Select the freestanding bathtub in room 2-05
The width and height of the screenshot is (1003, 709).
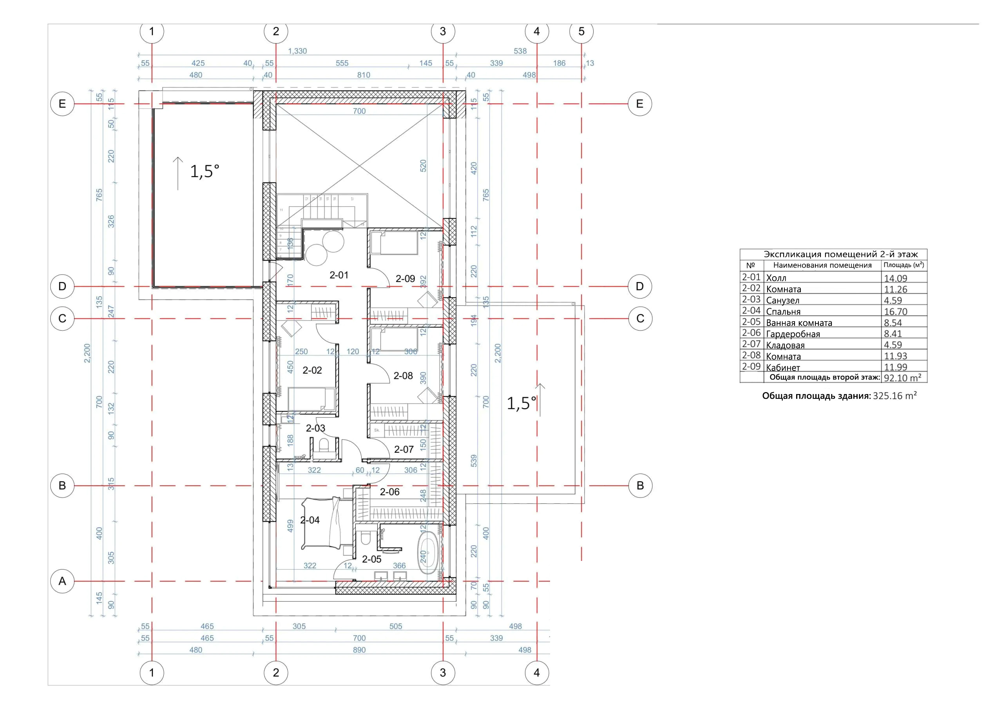pyautogui.click(x=429, y=554)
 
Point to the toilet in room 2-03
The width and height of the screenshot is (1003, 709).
pyautogui.click(x=324, y=447)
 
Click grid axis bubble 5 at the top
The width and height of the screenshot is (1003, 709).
pyautogui.click(x=581, y=31)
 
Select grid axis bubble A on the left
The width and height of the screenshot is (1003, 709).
pyautogui.click(x=62, y=581)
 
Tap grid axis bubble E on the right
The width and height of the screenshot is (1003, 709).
pyautogui.click(x=639, y=104)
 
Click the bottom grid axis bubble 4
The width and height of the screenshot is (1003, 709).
pyautogui.click(x=536, y=673)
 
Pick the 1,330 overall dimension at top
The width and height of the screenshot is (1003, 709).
pyautogui.click(x=297, y=51)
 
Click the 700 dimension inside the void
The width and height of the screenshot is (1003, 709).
pyautogui.click(x=359, y=111)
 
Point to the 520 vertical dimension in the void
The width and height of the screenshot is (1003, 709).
pyautogui.click(x=423, y=166)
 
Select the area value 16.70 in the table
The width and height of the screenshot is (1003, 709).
pyautogui.click(x=896, y=312)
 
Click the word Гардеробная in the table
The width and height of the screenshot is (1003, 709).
pyautogui.click(x=793, y=334)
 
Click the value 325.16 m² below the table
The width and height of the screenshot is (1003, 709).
pyautogui.click(x=894, y=396)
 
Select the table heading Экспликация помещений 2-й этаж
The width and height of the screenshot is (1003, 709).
pyautogui.click(x=840, y=254)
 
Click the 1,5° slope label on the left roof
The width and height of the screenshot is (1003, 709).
pyautogui.click(x=205, y=171)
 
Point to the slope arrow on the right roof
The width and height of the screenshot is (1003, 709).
pyautogui.click(x=540, y=400)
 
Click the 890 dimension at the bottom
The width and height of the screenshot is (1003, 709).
pyautogui.click(x=359, y=650)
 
